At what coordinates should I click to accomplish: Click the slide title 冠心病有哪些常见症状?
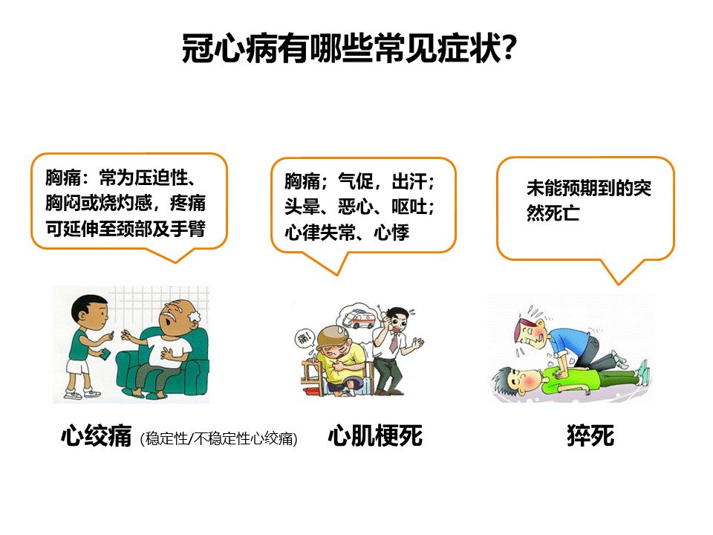click(349, 48)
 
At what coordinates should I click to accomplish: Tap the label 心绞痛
click(97, 436)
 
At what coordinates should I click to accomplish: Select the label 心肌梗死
click(376, 436)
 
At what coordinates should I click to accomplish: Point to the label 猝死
click(590, 436)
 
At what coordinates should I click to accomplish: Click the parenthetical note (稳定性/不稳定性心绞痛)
click(218, 438)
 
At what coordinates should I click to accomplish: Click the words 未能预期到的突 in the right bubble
click(589, 188)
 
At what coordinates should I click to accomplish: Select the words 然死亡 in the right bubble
click(553, 213)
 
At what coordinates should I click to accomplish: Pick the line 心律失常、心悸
click(347, 233)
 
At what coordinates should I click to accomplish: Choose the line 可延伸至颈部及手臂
click(125, 228)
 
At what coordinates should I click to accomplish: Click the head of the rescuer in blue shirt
click(532, 334)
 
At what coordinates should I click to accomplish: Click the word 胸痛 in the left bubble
click(63, 178)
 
